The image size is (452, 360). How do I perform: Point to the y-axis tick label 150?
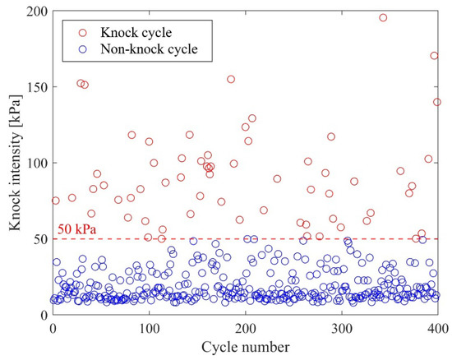[36, 87]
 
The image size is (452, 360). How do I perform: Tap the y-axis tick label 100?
[36, 163]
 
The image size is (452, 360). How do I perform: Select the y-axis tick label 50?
[39, 238]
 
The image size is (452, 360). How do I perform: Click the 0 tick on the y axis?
[43, 315]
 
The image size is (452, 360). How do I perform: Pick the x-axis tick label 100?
[149, 329]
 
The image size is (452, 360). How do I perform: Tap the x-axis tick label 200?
[245, 329]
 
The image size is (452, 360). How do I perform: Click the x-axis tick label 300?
[341, 329]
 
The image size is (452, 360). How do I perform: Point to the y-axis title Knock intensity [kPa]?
[13, 163]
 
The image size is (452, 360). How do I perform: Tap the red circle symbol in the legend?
[81, 32]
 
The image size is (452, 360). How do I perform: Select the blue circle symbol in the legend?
[81, 49]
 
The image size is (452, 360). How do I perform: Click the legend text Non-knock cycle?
[150, 49]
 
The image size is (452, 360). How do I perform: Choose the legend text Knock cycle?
[135, 32]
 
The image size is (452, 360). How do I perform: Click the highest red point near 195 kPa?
[382, 18]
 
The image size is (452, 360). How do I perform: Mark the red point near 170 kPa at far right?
[434, 56]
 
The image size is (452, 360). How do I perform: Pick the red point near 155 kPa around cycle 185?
[231, 80]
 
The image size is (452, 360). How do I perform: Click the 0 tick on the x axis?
[53, 329]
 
